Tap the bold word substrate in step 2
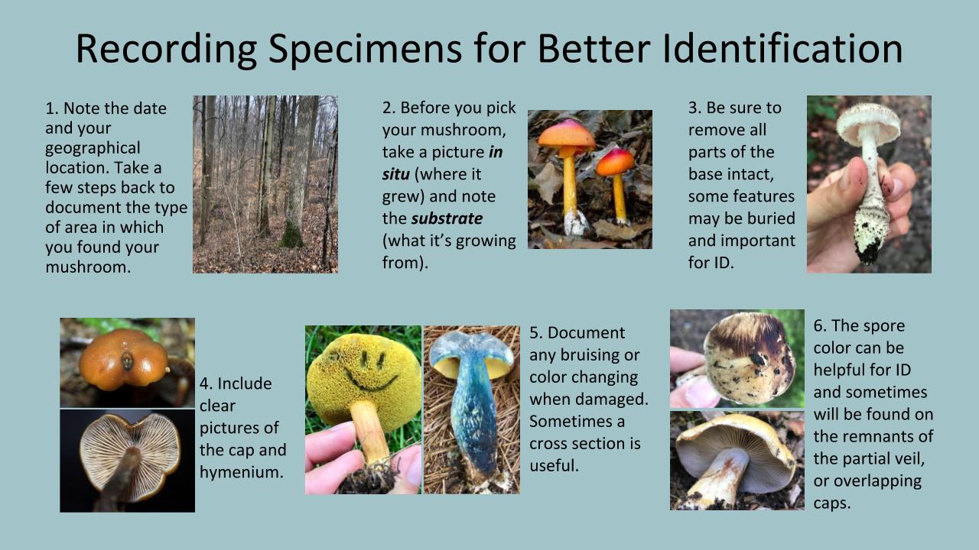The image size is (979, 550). pos(447,218)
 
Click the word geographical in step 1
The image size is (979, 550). pos(93,147)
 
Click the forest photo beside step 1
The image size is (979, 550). pos(265,184)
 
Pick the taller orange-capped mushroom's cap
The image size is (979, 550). pos(566,134)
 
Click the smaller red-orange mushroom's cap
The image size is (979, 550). pos(615,162)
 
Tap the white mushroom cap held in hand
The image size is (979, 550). pos(868,123)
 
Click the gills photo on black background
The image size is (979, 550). pos(127,460)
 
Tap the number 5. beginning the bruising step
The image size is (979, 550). pos(536,332)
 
